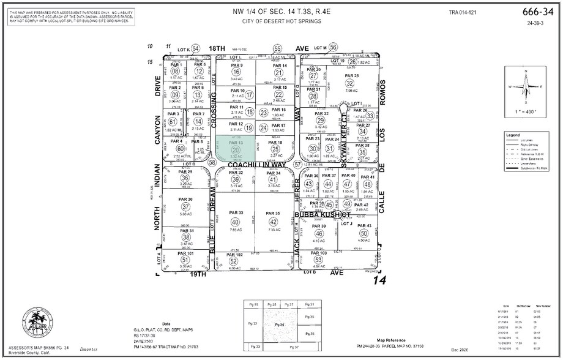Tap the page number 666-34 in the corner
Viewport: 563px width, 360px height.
pos(536,12)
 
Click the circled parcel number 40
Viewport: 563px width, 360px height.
pos(236,222)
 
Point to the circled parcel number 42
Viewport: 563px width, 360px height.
pos(274,222)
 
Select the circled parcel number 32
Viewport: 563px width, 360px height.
pos(349,83)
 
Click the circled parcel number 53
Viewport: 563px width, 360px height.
pos(318,260)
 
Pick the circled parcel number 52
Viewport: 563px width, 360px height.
pos(233,261)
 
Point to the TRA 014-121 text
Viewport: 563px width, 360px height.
pos(462,12)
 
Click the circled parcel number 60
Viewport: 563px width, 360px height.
pos(180,149)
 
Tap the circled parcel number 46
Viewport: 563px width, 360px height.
pos(318,233)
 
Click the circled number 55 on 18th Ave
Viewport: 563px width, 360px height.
pos(277,48)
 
